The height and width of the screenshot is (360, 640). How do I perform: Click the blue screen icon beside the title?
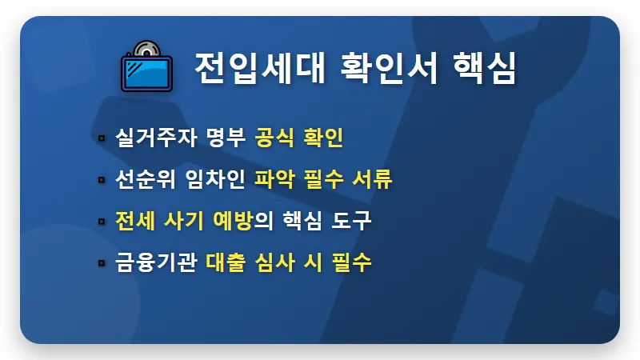[x=146, y=70]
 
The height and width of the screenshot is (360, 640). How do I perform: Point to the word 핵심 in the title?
[x=483, y=69]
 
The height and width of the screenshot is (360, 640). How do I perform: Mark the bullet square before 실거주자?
[x=102, y=138]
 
